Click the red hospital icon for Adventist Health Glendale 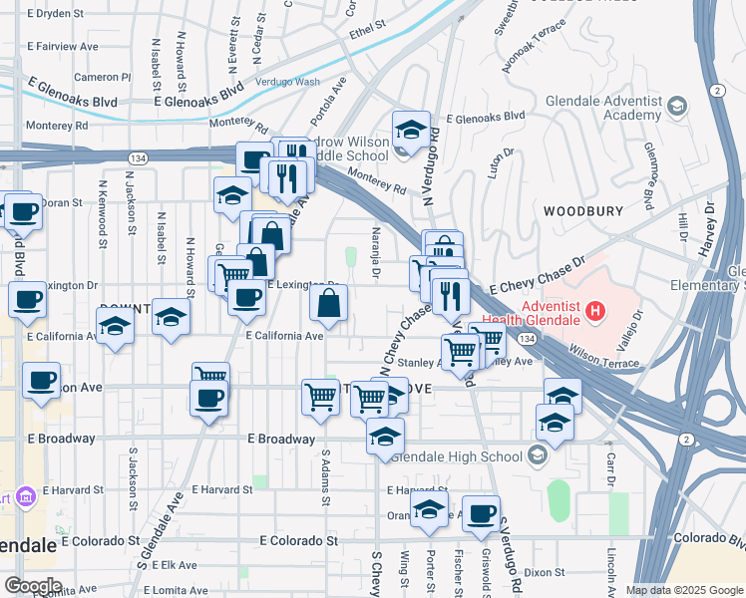(x=596, y=313)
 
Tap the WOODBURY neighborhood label (x=583, y=211)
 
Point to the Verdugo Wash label (x=288, y=82)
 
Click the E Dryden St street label (x=62, y=14)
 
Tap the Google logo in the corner (x=32, y=586)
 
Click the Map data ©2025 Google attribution (x=684, y=590)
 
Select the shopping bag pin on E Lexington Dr (x=329, y=304)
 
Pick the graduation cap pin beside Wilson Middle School (x=410, y=131)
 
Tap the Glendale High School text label (x=458, y=457)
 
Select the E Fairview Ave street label (x=66, y=47)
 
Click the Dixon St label (x=545, y=572)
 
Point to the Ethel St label (x=367, y=30)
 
